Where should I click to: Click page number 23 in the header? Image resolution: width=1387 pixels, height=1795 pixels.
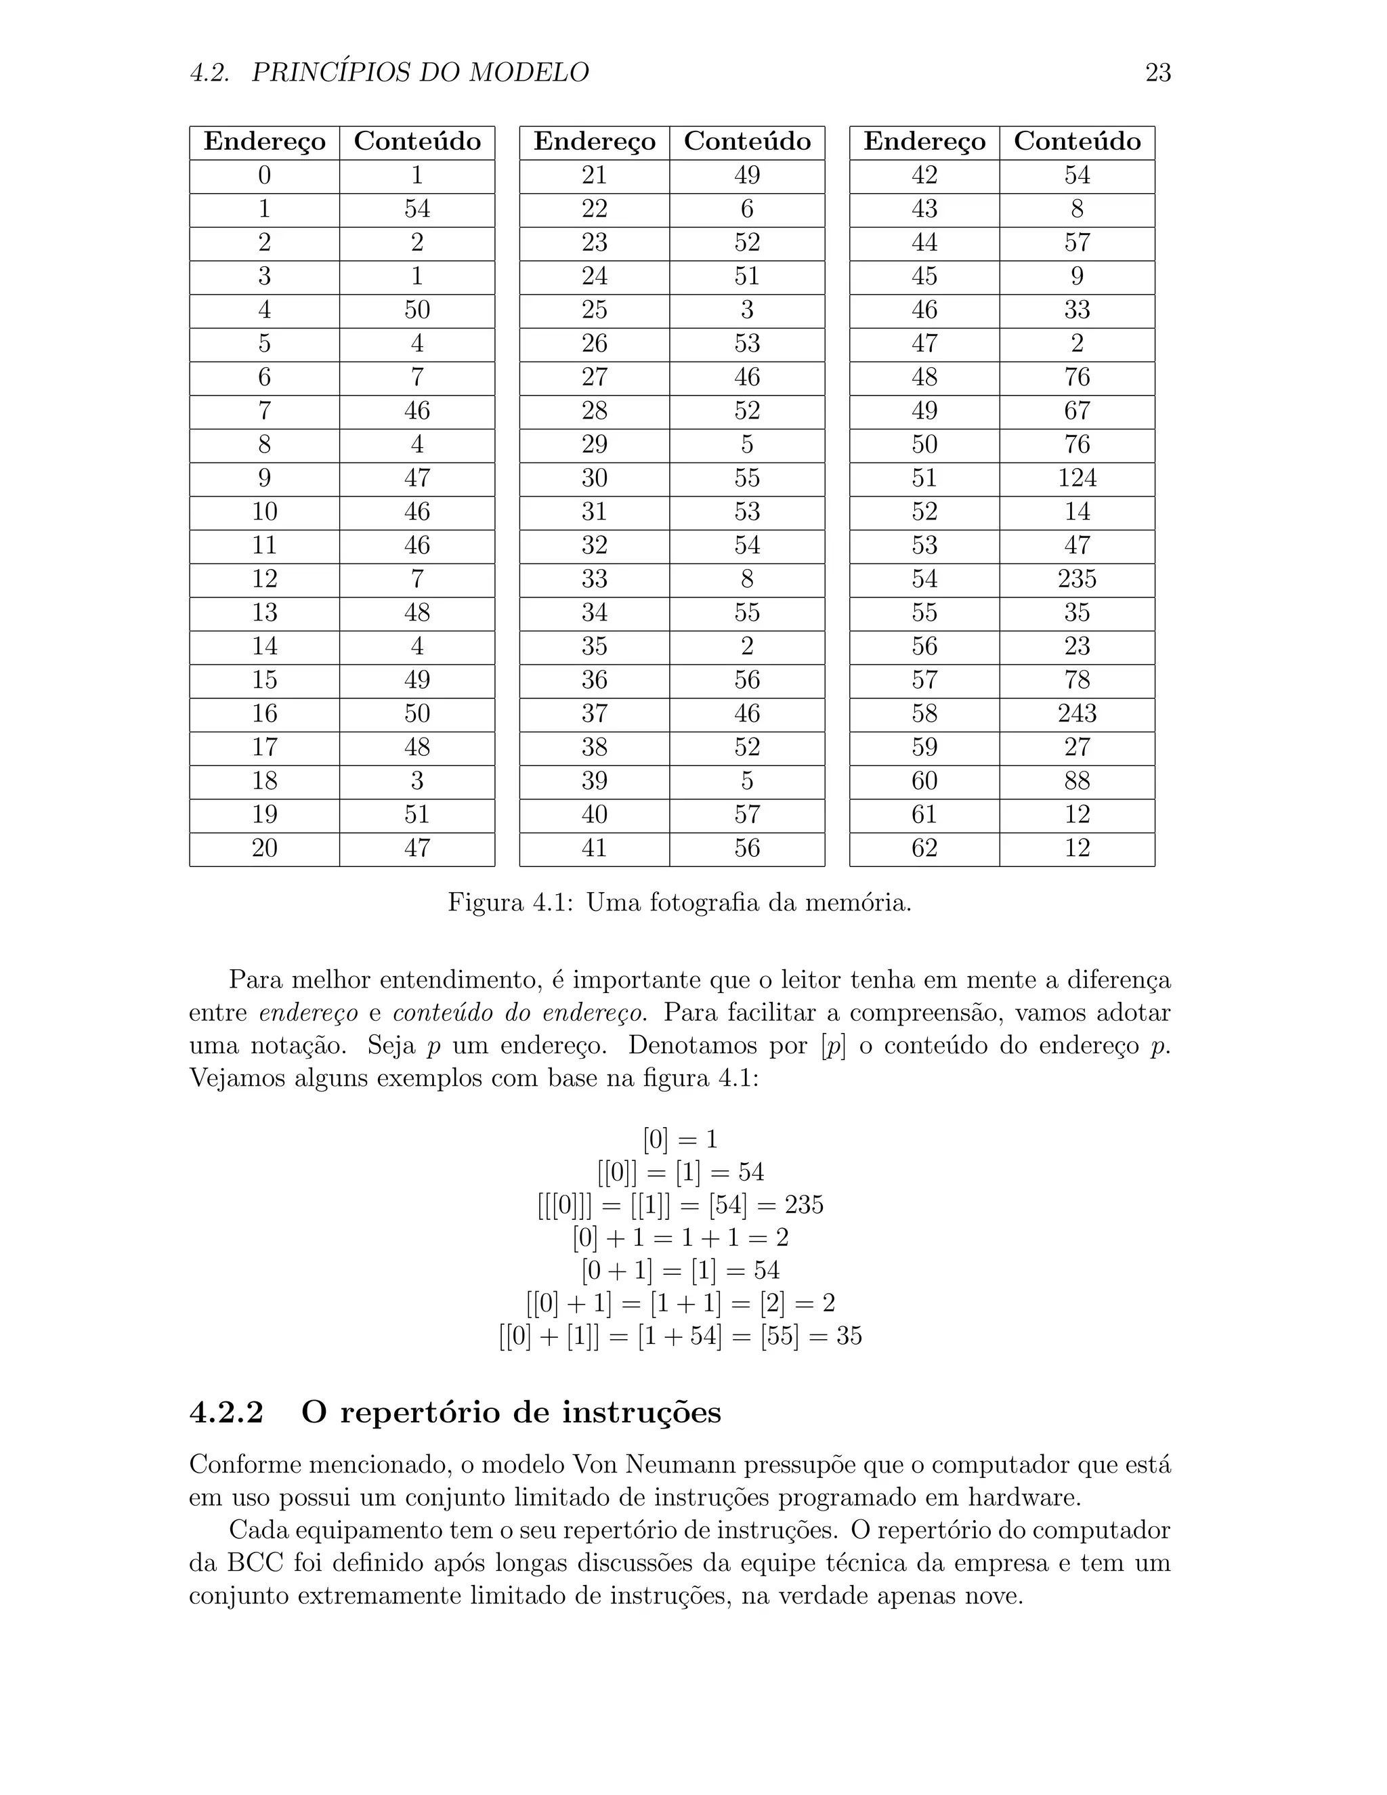1157,73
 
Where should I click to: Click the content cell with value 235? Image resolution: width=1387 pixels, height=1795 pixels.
1076,579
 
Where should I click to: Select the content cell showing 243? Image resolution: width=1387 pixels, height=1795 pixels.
1076,713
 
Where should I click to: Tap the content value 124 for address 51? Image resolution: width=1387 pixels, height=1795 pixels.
1076,478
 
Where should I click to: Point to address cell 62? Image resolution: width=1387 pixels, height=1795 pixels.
924,848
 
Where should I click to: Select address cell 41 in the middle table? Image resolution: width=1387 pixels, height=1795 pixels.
594,848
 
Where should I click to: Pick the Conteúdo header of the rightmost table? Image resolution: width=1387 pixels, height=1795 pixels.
1076,142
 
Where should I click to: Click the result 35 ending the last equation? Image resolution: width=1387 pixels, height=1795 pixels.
849,1336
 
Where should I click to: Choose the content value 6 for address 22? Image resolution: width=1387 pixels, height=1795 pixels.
746,209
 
